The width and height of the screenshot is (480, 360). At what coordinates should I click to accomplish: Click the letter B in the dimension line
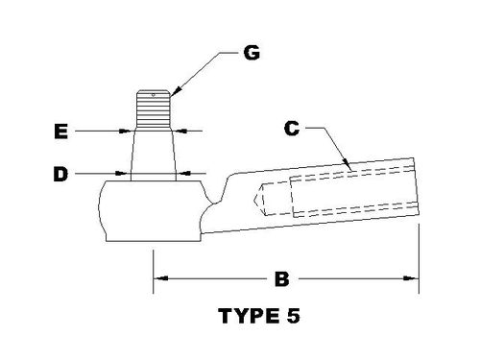pyautogui.click(x=281, y=280)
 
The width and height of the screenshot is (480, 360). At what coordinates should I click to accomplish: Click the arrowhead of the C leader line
pyautogui.click(x=353, y=171)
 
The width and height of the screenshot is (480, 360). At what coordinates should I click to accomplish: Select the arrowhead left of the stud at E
pyautogui.click(x=127, y=130)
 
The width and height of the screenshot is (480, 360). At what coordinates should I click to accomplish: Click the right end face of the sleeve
pyautogui.click(x=417, y=192)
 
